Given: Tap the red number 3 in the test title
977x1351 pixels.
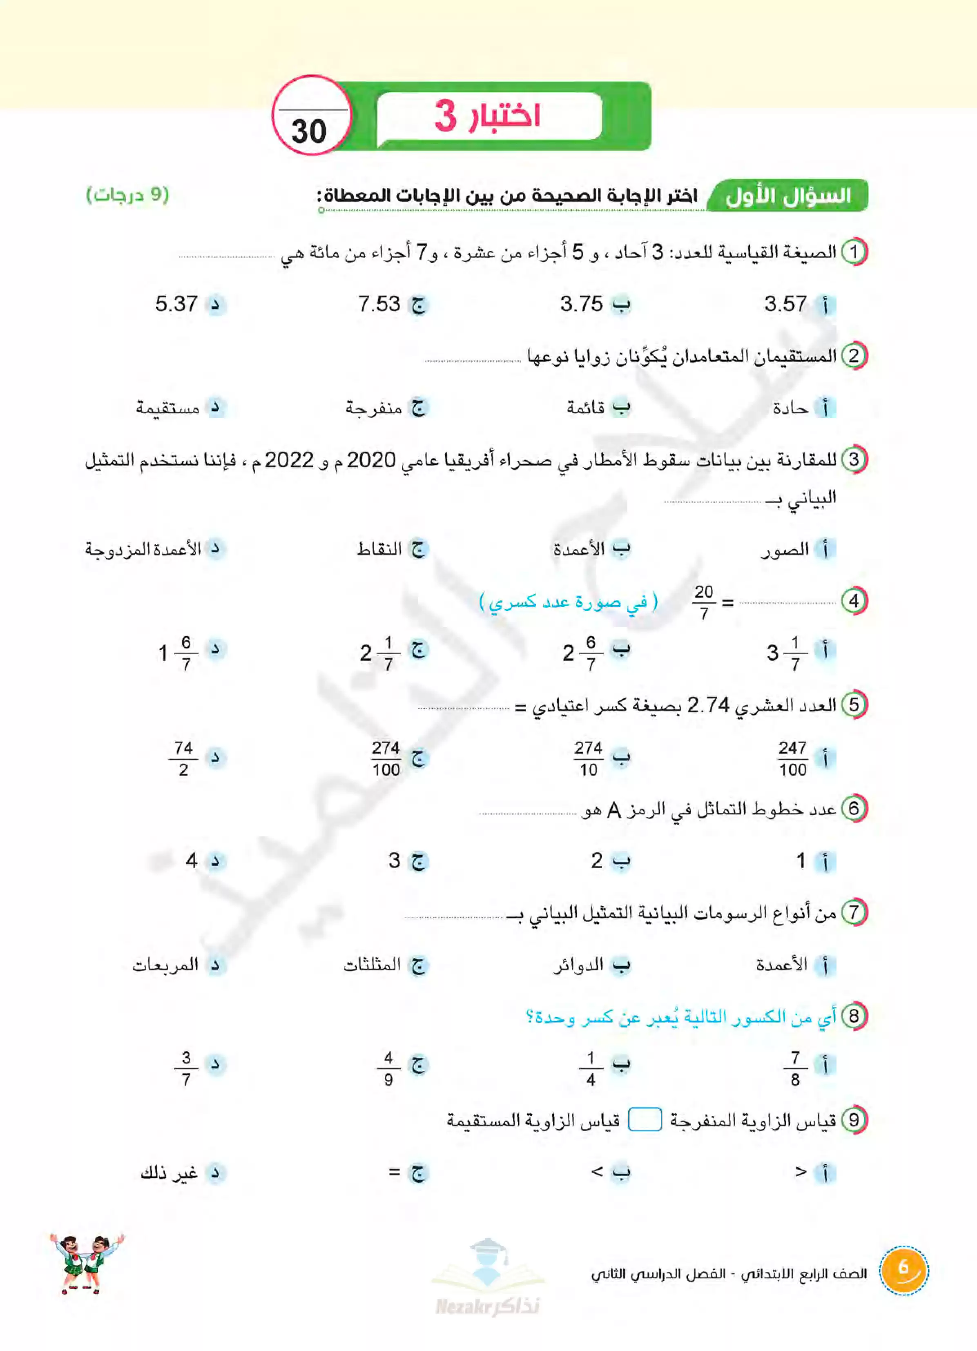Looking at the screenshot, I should (x=445, y=116).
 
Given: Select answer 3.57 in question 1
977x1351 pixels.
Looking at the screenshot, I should (x=785, y=304).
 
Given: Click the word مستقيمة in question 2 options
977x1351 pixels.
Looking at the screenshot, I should (x=167, y=408).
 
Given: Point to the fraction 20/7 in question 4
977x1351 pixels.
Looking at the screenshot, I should (x=704, y=602).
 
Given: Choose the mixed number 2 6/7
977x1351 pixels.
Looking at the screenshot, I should (x=580, y=653).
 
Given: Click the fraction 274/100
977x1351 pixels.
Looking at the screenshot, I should (x=386, y=758).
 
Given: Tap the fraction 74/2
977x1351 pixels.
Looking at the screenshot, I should (x=183, y=758).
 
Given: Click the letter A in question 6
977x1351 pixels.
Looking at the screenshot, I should (x=613, y=811).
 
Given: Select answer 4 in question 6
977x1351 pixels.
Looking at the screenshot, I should (x=191, y=860).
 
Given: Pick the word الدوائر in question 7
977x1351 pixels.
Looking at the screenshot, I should (x=578, y=965).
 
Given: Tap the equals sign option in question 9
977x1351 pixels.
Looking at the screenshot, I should (x=395, y=1172).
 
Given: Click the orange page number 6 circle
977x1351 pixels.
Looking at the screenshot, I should (x=903, y=1270).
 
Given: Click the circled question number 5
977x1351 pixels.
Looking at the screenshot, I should (x=854, y=705).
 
